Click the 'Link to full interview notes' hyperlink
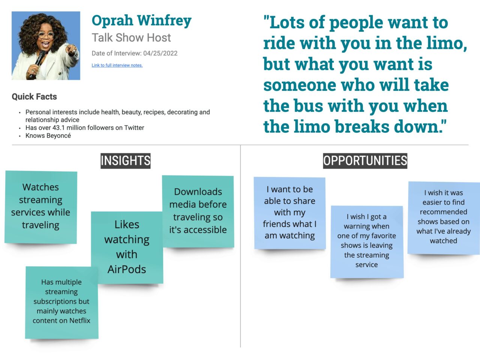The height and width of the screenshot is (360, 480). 117,65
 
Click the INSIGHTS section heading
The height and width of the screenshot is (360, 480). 125,161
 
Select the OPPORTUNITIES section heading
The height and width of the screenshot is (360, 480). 365,161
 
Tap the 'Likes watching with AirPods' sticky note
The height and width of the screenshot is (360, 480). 127,247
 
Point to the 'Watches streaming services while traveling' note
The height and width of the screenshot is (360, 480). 40,206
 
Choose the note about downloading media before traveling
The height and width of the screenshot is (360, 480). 198,211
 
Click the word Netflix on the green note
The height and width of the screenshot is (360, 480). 80,321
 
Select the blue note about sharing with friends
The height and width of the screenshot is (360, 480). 289,212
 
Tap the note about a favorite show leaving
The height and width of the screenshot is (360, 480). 366,241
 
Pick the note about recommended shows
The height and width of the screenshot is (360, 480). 443,217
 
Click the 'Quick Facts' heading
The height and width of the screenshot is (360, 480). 34,97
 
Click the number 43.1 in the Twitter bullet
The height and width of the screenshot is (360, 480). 58,128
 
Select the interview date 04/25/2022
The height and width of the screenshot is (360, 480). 160,53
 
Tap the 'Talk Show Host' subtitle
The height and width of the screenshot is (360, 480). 131,37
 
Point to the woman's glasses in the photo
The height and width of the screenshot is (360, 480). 46,35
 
